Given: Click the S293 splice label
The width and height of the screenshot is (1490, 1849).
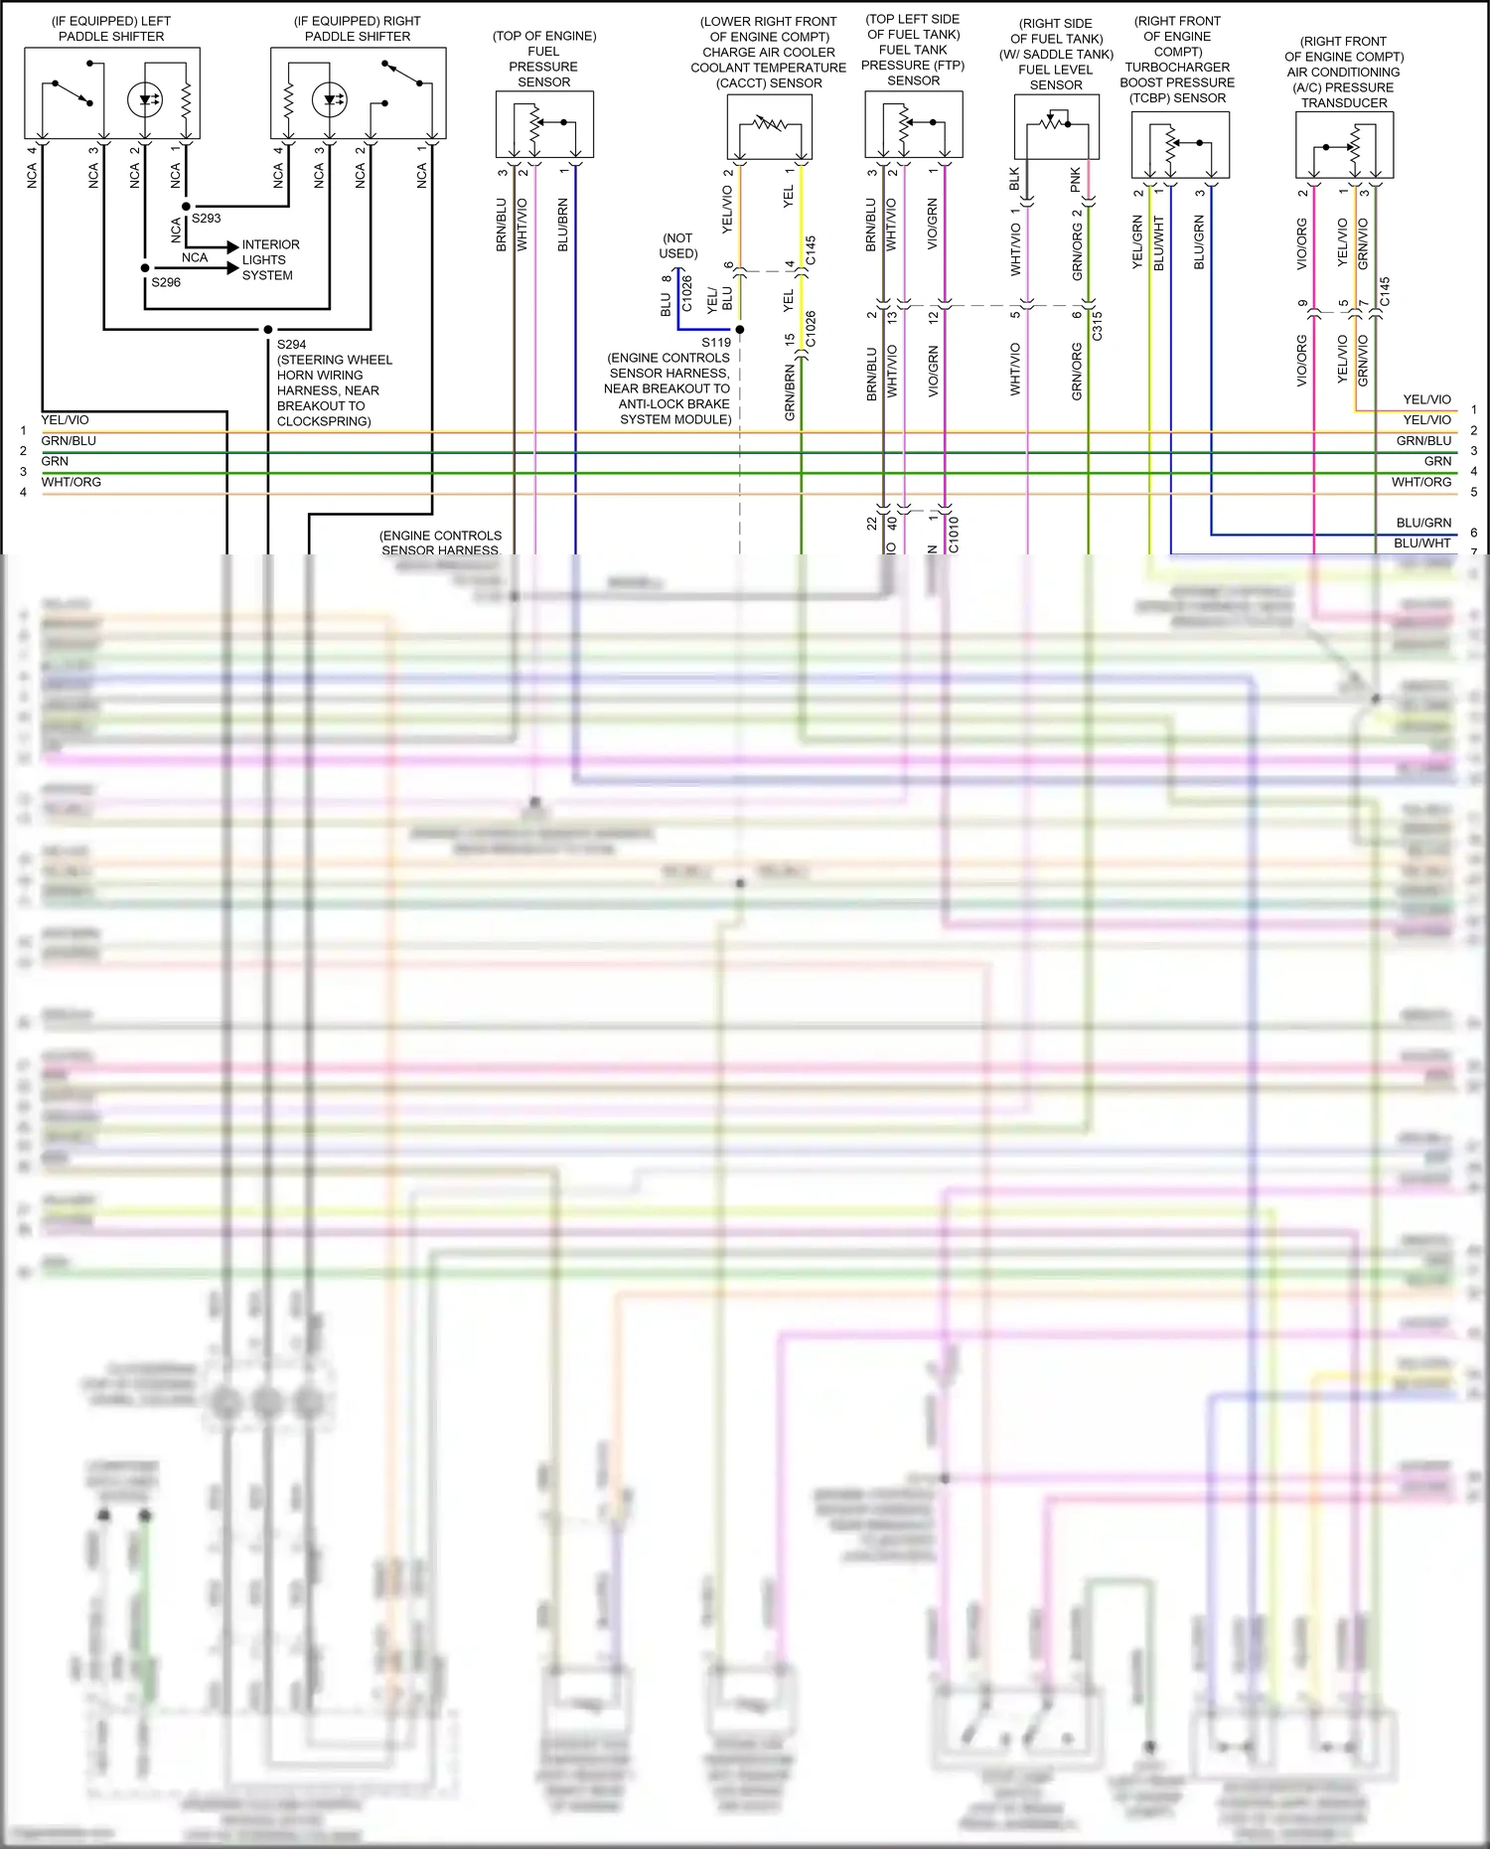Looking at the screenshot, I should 206,219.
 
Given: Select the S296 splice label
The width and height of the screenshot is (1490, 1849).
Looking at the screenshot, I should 166,282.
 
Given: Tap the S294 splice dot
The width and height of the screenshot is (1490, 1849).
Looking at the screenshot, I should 268,329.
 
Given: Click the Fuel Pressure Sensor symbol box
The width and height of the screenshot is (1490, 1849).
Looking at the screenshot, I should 544,124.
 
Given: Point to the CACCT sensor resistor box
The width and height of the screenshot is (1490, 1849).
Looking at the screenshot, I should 769,126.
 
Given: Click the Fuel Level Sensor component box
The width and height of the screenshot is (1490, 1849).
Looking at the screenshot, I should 1056,126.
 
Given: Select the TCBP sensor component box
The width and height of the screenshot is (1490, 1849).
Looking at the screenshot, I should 1180,145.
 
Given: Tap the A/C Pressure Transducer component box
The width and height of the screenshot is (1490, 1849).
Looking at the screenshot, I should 1344,145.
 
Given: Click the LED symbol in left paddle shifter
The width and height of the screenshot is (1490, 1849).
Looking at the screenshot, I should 145,99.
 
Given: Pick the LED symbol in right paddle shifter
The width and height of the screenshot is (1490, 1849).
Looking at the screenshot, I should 330,99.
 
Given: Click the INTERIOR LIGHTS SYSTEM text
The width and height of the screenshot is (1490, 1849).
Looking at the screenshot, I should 269,260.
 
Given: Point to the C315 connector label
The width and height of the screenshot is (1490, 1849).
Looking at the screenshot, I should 1098,326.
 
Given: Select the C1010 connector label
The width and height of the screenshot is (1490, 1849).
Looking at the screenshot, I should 954,534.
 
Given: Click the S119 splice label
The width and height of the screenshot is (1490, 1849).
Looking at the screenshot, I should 715,343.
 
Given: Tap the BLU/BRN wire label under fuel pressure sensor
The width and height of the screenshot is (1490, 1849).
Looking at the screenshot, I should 563,225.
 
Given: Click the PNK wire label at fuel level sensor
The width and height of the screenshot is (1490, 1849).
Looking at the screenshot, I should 1076,180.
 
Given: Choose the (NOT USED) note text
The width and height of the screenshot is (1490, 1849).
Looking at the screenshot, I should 678,245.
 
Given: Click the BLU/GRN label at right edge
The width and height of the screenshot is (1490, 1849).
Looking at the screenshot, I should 1422,523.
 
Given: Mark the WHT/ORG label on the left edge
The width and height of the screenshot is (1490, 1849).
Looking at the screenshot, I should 71,482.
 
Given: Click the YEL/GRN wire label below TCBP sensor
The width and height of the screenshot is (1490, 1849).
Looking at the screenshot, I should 1138,242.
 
